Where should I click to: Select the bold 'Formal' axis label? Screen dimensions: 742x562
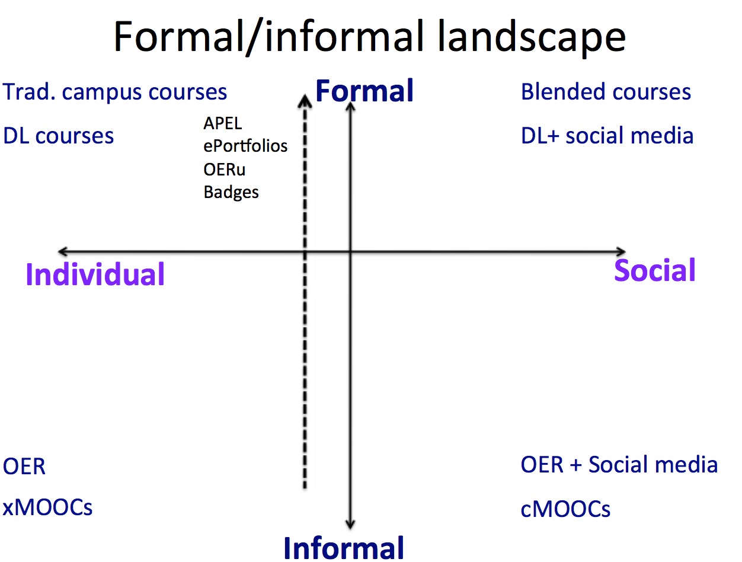point(364,91)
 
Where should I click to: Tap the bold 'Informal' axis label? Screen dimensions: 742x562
point(344,548)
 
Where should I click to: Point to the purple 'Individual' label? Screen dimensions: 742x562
point(95,274)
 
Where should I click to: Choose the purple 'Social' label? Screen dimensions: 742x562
point(654,270)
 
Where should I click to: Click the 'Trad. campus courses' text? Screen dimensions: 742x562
point(114,92)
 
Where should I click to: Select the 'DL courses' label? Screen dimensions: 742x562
point(58,136)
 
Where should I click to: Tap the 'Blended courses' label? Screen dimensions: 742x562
point(606,92)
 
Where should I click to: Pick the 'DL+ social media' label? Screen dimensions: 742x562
point(607,136)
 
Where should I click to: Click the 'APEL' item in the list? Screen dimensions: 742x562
point(222,123)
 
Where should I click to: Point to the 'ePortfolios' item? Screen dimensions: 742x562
point(245,146)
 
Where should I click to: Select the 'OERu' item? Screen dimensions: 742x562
point(224,169)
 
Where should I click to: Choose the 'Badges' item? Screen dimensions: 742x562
point(231,193)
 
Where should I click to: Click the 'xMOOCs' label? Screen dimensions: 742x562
point(47,507)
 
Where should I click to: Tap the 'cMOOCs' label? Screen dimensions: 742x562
point(565,509)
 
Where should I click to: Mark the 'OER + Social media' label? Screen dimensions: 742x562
point(619,464)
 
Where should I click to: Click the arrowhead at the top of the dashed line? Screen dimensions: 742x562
point(305,100)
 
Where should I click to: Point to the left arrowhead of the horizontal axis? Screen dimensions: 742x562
point(63,251)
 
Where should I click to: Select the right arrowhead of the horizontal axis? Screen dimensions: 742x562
point(621,251)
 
